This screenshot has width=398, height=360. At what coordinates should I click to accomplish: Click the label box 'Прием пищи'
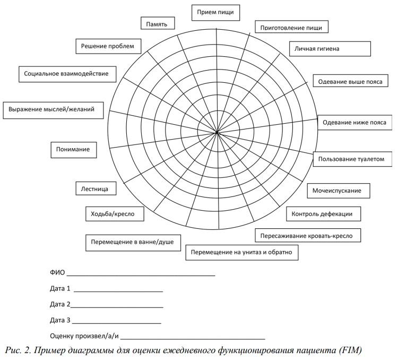pyautogui.click(x=215, y=12)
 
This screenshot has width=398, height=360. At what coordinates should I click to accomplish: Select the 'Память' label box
pyautogui.click(x=157, y=24)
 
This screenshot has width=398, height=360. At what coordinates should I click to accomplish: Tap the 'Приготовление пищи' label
pyautogui.click(x=291, y=27)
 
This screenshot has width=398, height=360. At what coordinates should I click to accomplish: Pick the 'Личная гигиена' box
pyautogui.click(x=329, y=48)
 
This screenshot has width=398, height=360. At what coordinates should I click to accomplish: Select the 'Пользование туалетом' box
pyautogui.click(x=351, y=159)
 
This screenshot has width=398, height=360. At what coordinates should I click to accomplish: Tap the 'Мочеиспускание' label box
pyautogui.click(x=339, y=190)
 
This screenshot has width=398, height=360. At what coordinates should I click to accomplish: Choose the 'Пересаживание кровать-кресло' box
pyautogui.click(x=307, y=235)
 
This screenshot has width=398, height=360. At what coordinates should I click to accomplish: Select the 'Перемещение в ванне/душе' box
pyautogui.click(x=133, y=242)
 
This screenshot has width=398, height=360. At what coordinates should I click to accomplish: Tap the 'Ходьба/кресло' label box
pyautogui.click(x=113, y=214)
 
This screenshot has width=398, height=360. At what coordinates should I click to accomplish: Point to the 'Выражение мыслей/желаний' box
pyautogui.click(x=51, y=110)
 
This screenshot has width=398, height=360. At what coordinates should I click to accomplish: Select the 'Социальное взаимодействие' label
pyautogui.click(x=66, y=73)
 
